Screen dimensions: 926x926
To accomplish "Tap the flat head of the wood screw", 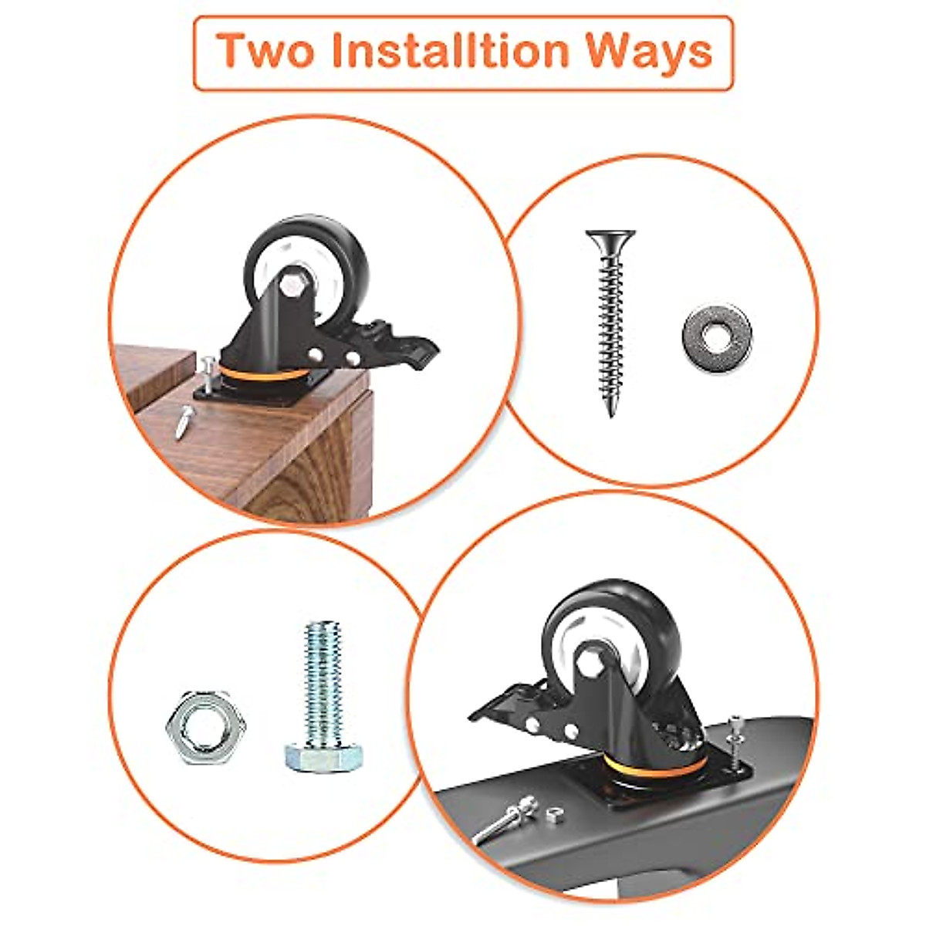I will point(610,235).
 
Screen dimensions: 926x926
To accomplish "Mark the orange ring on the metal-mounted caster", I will point(656,767).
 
